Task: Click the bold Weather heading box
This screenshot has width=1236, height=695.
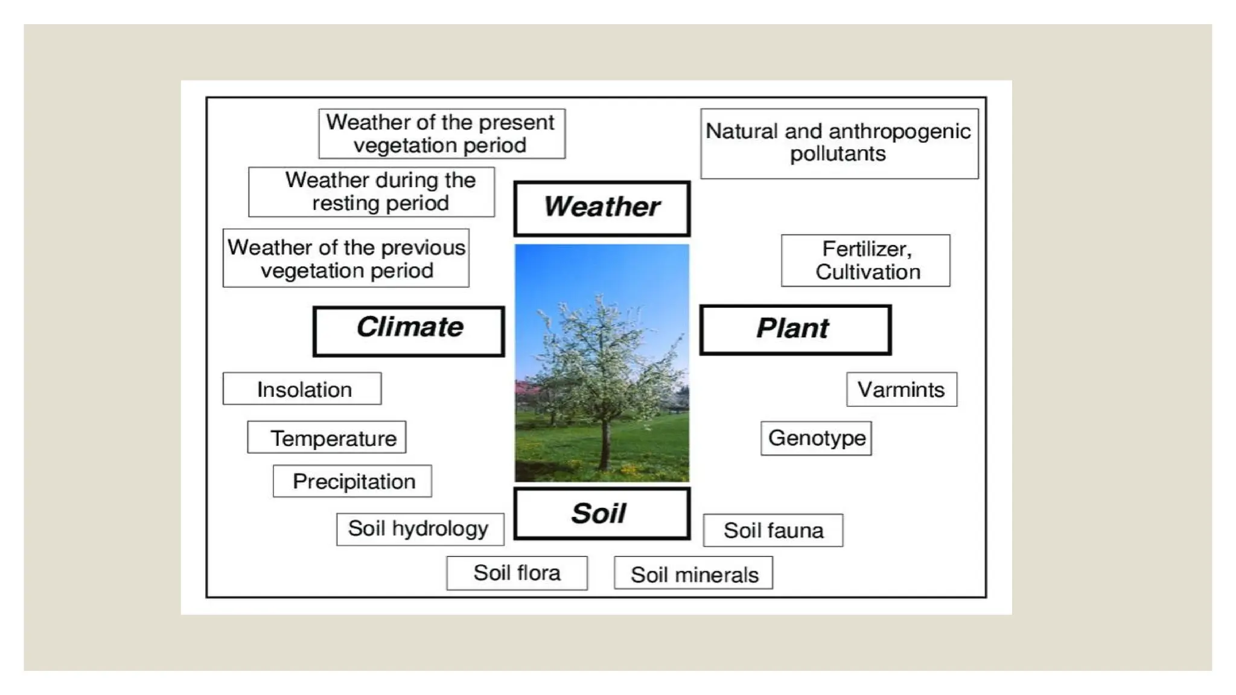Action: click(x=602, y=208)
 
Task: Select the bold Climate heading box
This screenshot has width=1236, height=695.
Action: click(x=409, y=331)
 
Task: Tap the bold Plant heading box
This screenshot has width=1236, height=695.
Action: click(x=795, y=329)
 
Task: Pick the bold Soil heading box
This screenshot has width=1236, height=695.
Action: click(x=602, y=513)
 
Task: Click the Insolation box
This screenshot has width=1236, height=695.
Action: click(x=302, y=389)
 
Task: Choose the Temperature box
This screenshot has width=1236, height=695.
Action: click(x=327, y=437)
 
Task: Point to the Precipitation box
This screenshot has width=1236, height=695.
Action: click(x=352, y=481)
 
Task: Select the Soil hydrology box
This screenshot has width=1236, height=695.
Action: click(x=420, y=529)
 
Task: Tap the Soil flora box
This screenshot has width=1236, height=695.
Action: click(x=517, y=573)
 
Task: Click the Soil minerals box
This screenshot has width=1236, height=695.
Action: click(x=693, y=574)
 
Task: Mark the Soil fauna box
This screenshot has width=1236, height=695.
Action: click(x=773, y=530)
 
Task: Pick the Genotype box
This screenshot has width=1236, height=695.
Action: click(x=816, y=438)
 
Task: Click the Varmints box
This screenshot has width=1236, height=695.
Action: click(x=901, y=389)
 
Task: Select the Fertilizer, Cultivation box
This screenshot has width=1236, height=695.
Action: click(x=865, y=261)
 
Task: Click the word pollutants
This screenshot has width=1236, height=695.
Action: click(x=838, y=154)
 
